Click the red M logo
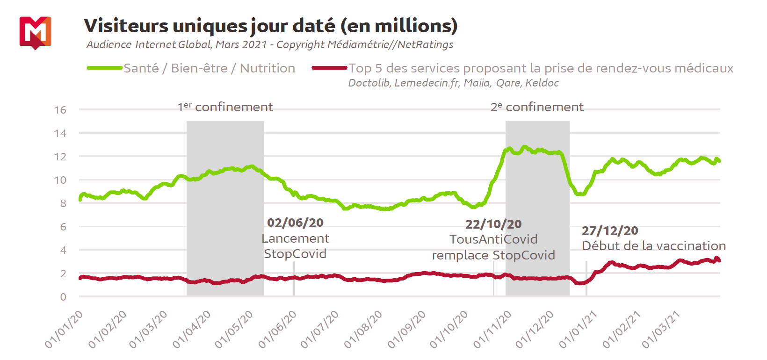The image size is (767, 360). pyautogui.click(x=35, y=32)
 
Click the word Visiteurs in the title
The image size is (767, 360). pyautogui.click(x=125, y=26)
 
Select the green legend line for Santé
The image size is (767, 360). pyautogui.click(x=105, y=68)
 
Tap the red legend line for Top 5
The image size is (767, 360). pyautogui.click(x=329, y=68)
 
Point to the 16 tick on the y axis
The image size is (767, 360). pyautogui.click(x=60, y=110)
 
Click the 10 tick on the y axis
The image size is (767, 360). pyautogui.click(x=60, y=180)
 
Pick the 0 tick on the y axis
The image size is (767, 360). pyautogui.click(x=63, y=297)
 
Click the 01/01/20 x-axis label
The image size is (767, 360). pyautogui.click(x=65, y=330)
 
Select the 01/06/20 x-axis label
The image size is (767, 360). pyautogui.click(x=278, y=330)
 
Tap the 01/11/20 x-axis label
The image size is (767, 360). pyautogui.click(x=492, y=330)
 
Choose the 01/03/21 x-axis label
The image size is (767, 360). pyautogui.click(x=661, y=330)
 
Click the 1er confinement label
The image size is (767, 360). pyautogui.click(x=225, y=107)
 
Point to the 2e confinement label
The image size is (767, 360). pyautogui.click(x=537, y=107)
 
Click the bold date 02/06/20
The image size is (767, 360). pyautogui.click(x=295, y=223)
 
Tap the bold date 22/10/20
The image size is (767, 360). pyautogui.click(x=493, y=224)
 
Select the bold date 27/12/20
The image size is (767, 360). pyautogui.click(x=610, y=231)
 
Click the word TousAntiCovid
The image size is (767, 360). pyautogui.click(x=493, y=239)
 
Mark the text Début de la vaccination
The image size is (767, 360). pyautogui.click(x=654, y=246)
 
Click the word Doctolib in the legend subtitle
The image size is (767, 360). pyautogui.click(x=369, y=83)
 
